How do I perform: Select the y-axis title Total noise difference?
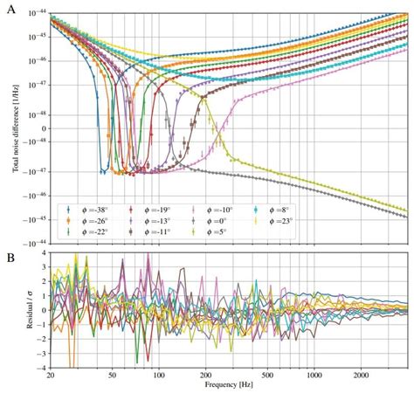point(16,127)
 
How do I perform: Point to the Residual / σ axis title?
point(16,310)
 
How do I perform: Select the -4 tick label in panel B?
point(40,367)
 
